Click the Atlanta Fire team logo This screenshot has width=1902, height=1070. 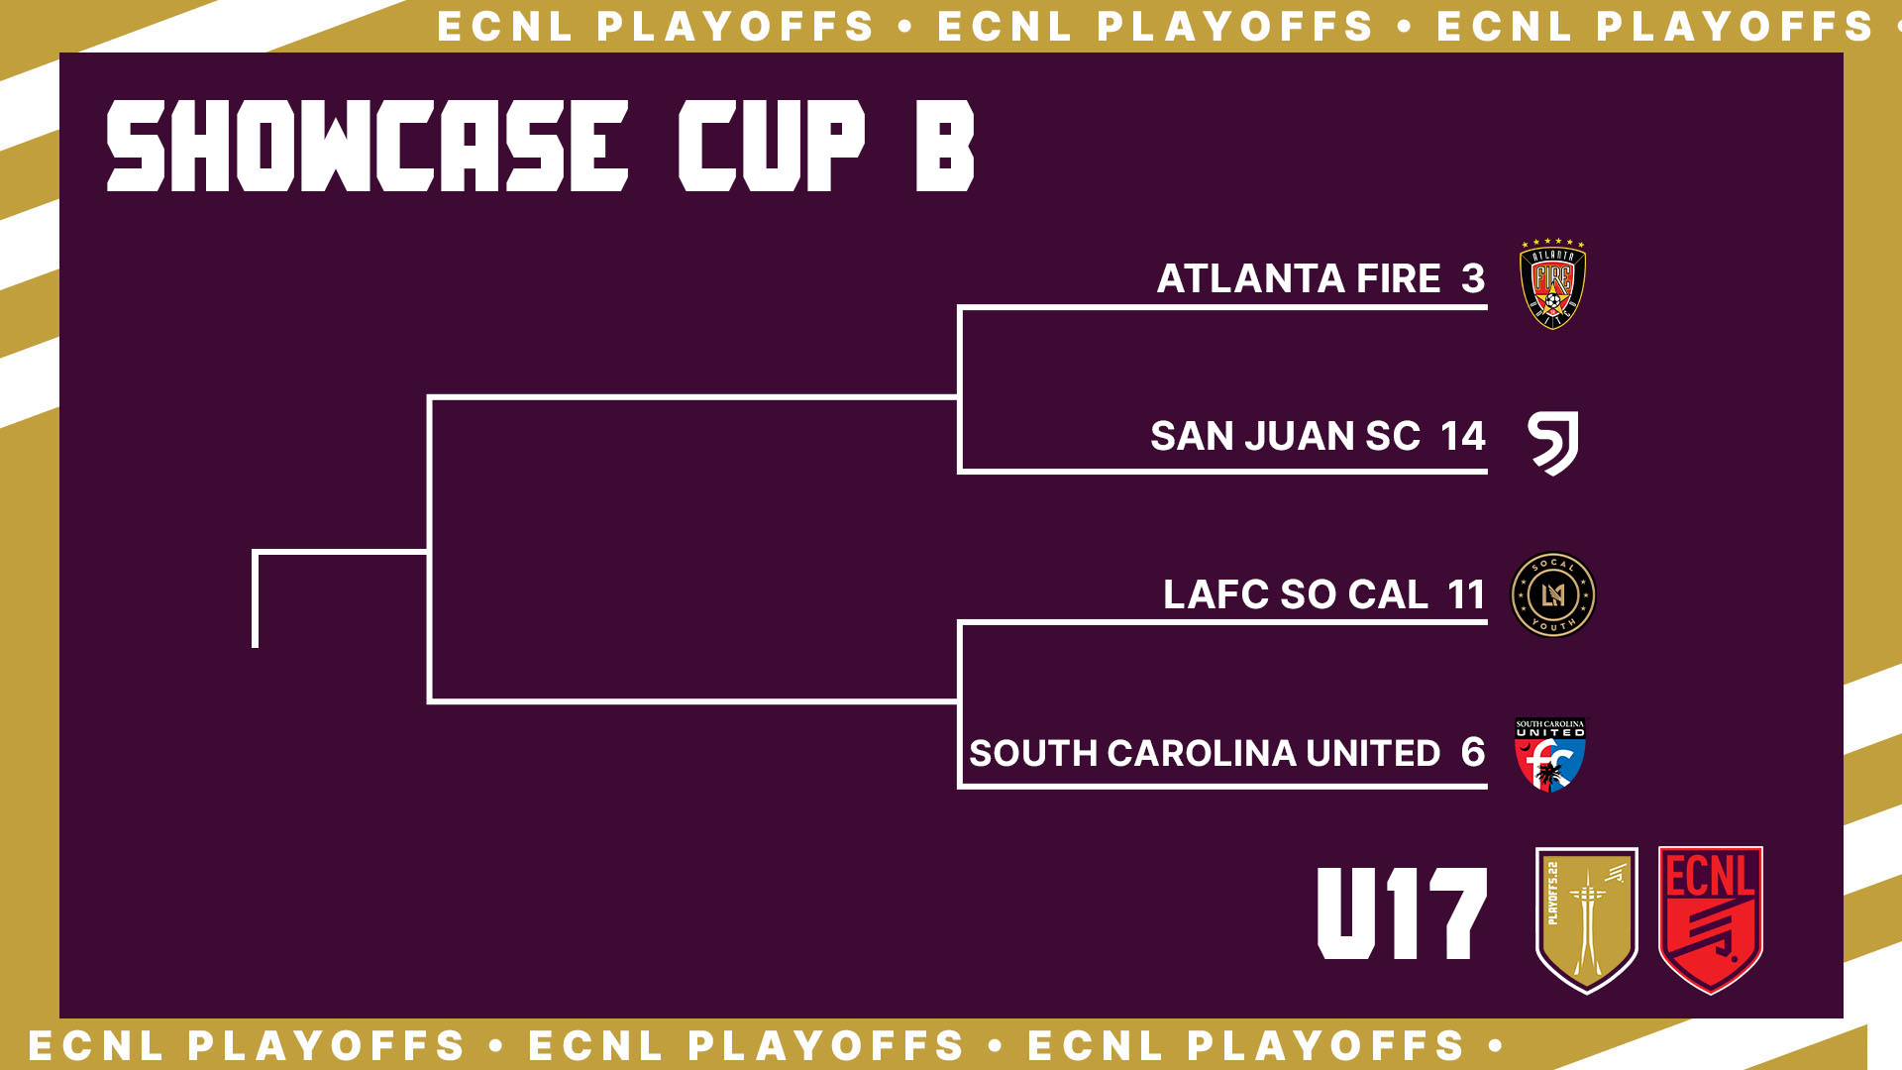point(1552,283)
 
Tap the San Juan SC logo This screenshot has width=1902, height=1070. point(1553,443)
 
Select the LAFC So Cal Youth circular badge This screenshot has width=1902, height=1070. point(1552,594)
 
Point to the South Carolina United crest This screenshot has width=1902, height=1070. point(1550,755)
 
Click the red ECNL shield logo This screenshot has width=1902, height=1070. point(1711,919)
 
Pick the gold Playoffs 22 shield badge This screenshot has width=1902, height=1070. point(1586,919)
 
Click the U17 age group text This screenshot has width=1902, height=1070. point(1402,913)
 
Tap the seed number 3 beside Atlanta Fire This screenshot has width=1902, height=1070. point(1473,278)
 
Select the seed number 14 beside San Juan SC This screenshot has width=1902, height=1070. point(1463,436)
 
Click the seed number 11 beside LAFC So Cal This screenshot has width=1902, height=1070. point(1466,594)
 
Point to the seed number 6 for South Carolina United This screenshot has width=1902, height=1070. point(1473,753)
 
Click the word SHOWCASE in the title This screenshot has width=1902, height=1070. point(368,146)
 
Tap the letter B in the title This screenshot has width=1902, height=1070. point(945,146)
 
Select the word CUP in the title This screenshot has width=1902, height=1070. point(772,146)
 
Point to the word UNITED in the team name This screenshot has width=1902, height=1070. point(1373,753)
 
